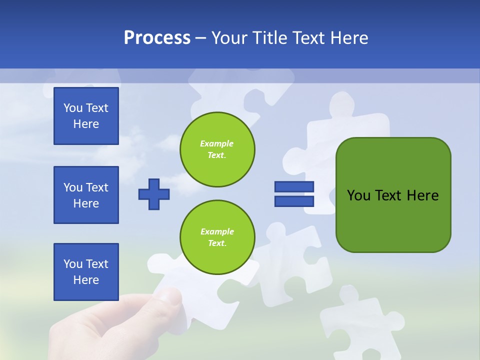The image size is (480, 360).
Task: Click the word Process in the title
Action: [x=157, y=38]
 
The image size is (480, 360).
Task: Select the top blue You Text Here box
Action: [x=86, y=116]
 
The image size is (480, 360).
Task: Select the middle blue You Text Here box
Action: [x=86, y=195]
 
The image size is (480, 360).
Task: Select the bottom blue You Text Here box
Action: [x=86, y=272]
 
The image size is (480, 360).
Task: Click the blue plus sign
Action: [x=154, y=194]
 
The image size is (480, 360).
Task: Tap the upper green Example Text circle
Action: [x=217, y=149]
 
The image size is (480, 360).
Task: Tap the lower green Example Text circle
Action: [x=217, y=237]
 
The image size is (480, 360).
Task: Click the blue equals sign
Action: [x=294, y=194]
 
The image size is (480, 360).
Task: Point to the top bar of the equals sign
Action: [x=294, y=186]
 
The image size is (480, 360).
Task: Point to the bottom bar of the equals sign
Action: [x=294, y=201]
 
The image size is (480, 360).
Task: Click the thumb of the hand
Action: [x=167, y=297]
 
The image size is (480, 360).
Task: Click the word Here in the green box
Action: [x=422, y=195]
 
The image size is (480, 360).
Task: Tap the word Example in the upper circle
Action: [x=217, y=143]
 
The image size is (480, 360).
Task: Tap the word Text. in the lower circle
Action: [x=217, y=243]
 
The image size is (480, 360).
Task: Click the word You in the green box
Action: [x=358, y=195]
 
